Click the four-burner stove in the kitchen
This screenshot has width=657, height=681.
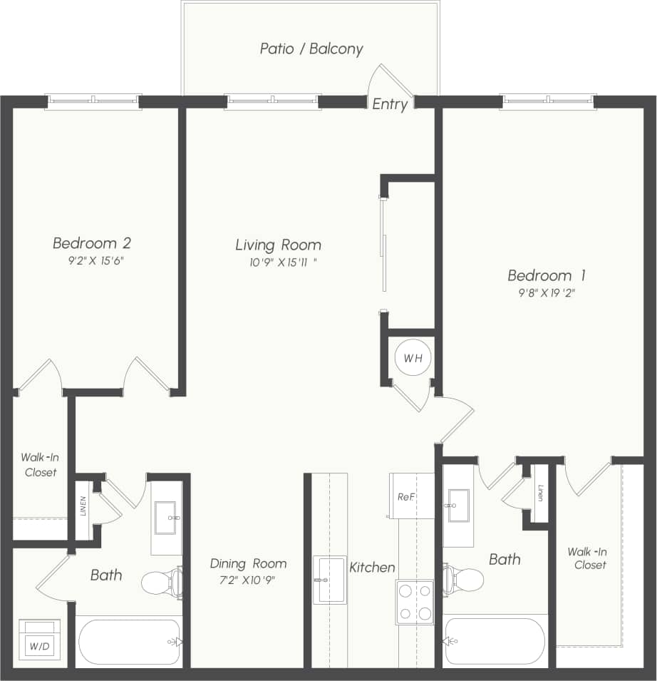(415, 602)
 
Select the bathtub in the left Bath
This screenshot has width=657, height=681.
(129, 642)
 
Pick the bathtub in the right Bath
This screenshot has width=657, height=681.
(495, 641)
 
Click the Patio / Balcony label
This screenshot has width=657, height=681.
(311, 49)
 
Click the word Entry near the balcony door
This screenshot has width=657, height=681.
(390, 104)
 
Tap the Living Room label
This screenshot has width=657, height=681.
(278, 245)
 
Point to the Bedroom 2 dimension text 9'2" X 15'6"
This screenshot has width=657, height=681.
(93, 261)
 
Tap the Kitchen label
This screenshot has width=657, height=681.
(372, 568)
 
